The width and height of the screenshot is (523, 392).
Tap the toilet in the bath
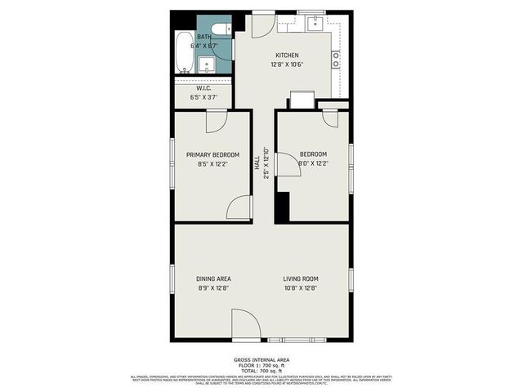point(218,29)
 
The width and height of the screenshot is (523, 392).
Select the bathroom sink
point(207,65)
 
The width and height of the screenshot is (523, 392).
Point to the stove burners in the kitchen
point(336,60)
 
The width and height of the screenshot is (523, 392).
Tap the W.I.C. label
point(203,88)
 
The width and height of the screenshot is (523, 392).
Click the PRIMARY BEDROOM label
point(212,155)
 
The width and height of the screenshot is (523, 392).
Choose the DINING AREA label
point(212,279)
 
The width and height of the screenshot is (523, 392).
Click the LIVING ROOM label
point(300,279)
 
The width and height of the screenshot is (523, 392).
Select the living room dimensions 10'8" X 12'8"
point(300,287)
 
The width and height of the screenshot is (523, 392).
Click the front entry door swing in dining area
point(245,325)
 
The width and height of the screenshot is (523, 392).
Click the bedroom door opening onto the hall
point(288,164)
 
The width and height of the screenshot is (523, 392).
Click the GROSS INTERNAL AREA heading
point(261,359)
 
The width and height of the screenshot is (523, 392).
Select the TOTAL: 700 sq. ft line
point(261,372)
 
